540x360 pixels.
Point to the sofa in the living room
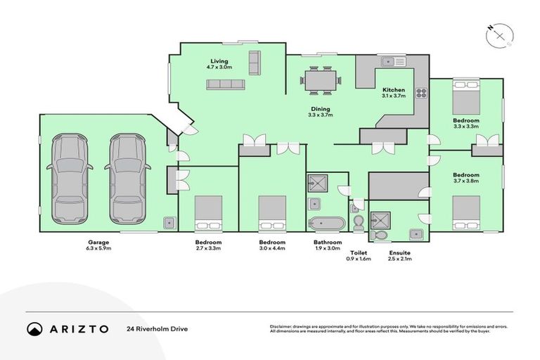tap(225, 84)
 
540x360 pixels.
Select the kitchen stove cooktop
tap(422, 93)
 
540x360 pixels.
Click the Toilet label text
tap(359, 251)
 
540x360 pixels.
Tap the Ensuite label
tap(399, 252)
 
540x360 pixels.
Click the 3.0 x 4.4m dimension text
tap(272, 248)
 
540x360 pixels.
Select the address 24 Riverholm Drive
tap(157, 328)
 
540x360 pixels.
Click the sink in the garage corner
tap(169, 223)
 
